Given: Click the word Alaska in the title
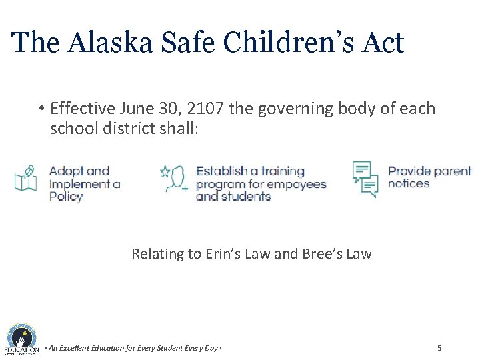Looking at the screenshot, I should click(x=109, y=43).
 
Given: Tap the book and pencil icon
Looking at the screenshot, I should click(x=25, y=178).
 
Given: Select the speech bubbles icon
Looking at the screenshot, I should click(x=365, y=178).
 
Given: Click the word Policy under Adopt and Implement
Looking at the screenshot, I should click(x=66, y=197).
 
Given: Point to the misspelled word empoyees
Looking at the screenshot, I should click(x=297, y=184).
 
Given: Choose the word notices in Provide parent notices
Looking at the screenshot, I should click(x=409, y=183).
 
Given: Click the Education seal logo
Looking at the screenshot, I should click(x=22, y=338).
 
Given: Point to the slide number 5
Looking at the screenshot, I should click(x=439, y=348).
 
